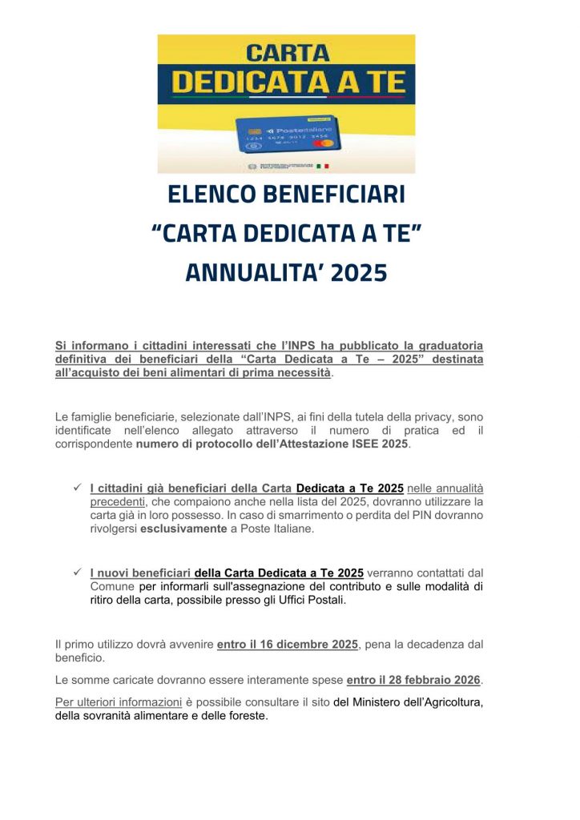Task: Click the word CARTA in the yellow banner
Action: click(287, 54)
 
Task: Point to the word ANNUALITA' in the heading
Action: click(243, 273)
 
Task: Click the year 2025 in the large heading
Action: click(357, 273)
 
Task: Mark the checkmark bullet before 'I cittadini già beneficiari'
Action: click(78, 487)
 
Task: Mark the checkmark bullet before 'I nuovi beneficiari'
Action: click(78, 572)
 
